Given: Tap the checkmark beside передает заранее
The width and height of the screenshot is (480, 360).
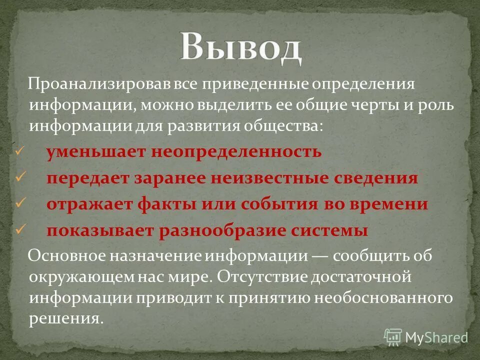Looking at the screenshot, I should [20, 177].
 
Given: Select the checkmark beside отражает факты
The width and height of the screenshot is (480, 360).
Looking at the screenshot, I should [20, 203].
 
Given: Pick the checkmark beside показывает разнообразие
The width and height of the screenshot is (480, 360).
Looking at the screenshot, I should [20, 229].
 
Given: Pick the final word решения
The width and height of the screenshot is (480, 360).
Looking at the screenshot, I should [65, 318].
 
